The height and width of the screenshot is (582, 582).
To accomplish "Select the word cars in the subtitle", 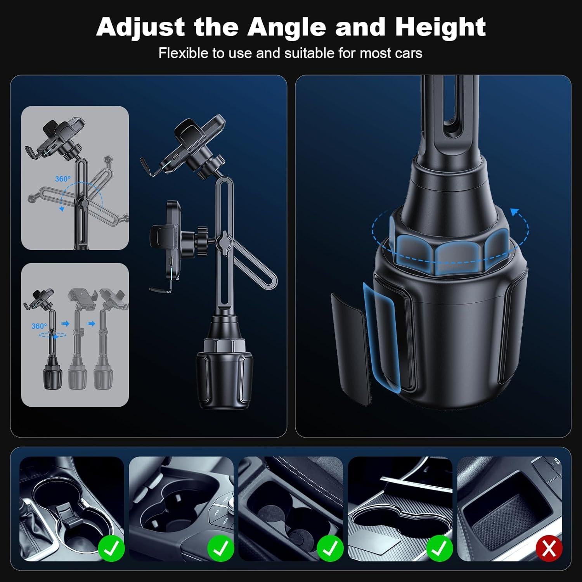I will [409, 53].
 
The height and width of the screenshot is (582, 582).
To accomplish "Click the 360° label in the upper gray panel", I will [63, 179].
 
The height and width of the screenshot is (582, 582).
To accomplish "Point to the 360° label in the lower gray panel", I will [39, 326].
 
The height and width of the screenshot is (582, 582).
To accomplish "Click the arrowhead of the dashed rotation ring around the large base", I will [515, 212].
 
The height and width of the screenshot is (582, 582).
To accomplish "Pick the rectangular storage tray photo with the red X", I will [511, 508].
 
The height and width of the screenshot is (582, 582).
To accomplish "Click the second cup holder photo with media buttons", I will [181, 508].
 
